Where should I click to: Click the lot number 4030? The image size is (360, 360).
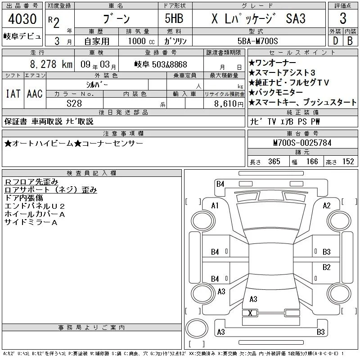coord(22,19)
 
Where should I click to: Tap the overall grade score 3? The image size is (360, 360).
coord(343,18)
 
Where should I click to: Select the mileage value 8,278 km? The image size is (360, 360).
coord(51,64)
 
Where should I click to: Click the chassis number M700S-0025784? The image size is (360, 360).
coord(302,143)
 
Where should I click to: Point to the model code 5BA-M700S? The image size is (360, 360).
coord(257,41)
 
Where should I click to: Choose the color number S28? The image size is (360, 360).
coord(74,103)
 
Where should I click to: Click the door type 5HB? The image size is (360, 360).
coord(174,18)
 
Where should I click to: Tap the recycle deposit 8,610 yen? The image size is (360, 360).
coord(229,104)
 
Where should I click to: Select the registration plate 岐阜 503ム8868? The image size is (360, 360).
coord(161,64)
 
